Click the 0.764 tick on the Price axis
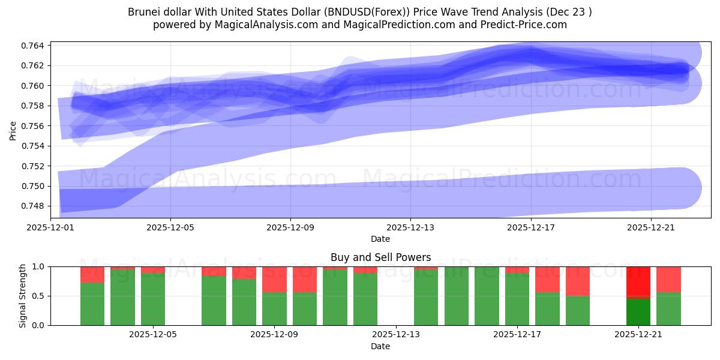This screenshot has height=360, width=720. pos(33,46)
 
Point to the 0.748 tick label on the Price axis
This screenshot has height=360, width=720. pos(33,206)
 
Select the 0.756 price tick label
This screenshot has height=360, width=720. pos(33,126)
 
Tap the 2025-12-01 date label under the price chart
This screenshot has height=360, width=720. pos(50,227)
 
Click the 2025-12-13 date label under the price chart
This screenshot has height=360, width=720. pos(410,227)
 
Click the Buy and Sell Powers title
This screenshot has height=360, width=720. pos(380,257)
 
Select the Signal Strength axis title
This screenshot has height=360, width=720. pos(22,296)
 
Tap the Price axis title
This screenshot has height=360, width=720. pos(13,130)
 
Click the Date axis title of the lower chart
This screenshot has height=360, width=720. pos(380,346)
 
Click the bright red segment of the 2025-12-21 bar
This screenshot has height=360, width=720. pos(638,281)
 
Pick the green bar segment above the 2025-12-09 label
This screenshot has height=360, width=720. pos(274,308)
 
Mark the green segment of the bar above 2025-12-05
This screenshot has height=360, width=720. pos(153,299)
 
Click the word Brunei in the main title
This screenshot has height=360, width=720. pos(143,12)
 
